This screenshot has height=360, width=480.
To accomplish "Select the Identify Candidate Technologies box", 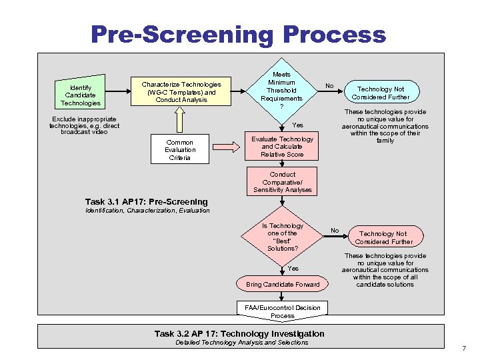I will [x=80, y=94].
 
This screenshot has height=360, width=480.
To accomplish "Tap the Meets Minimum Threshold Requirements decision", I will [x=282, y=91].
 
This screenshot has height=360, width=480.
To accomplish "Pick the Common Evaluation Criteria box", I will [x=179, y=150].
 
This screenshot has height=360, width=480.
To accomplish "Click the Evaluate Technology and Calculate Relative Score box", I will [x=282, y=147].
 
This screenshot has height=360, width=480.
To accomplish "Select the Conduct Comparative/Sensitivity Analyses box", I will [x=282, y=182].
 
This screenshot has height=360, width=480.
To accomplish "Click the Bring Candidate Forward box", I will [x=282, y=285].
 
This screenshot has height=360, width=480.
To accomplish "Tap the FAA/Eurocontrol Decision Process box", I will [x=282, y=311].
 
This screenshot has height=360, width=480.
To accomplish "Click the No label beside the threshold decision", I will [x=329, y=85].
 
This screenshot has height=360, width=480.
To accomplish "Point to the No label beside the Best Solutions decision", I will [x=335, y=231].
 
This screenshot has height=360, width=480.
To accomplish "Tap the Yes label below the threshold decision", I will [x=297, y=125].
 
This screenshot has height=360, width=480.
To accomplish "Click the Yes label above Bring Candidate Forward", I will [x=293, y=269].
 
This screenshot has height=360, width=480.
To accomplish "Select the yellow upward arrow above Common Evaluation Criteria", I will [x=180, y=121].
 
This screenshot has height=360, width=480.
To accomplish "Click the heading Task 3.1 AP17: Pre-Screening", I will [x=147, y=201].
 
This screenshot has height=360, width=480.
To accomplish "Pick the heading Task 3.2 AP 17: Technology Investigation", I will [x=239, y=333].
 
